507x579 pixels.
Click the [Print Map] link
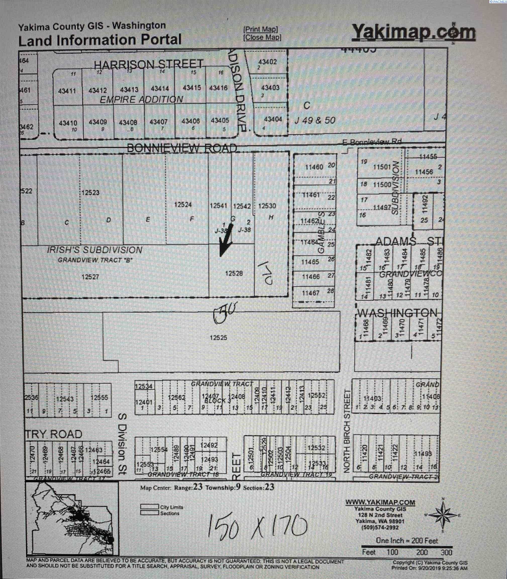click(x=261, y=29)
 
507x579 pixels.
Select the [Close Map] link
click(x=262, y=37)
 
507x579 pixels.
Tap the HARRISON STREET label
click(x=148, y=64)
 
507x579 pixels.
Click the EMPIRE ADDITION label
click(x=141, y=99)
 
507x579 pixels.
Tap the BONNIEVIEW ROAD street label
click(x=182, y=148)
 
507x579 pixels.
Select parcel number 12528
click(x=234, y=273)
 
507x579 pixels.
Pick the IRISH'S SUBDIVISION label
click(x=94, y=250)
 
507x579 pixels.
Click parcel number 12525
click(x=218, y=337)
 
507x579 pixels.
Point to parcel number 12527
click(x=90, y=277)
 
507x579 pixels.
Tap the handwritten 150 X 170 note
click(x=257, y=527)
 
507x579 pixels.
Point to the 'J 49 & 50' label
click(x=315, y=121)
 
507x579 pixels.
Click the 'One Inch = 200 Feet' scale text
click(x=407, y=541)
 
